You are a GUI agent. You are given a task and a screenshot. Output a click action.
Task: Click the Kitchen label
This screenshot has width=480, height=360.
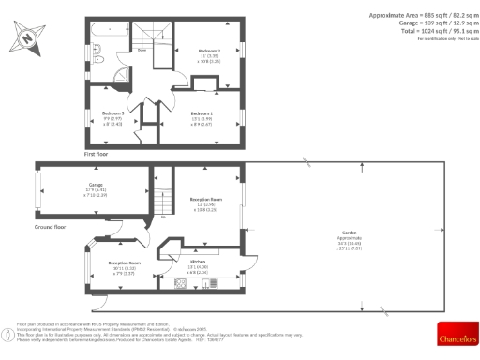coord(197,265)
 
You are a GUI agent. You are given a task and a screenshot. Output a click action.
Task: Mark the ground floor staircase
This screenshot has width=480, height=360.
coord(165,197)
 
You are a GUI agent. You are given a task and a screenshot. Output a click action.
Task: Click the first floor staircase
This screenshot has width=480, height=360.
coord(150,37)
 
